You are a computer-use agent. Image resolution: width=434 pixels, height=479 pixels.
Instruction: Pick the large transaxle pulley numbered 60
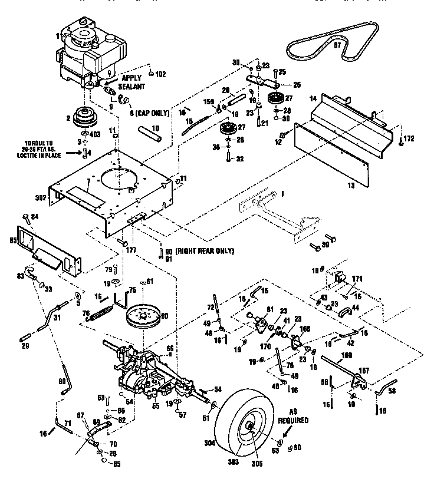(x=144, y=319)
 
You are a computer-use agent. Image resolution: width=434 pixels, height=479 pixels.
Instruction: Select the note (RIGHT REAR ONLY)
(x=201, y=251)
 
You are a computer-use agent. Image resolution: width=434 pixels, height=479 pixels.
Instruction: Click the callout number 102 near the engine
(x=160, y=74)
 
